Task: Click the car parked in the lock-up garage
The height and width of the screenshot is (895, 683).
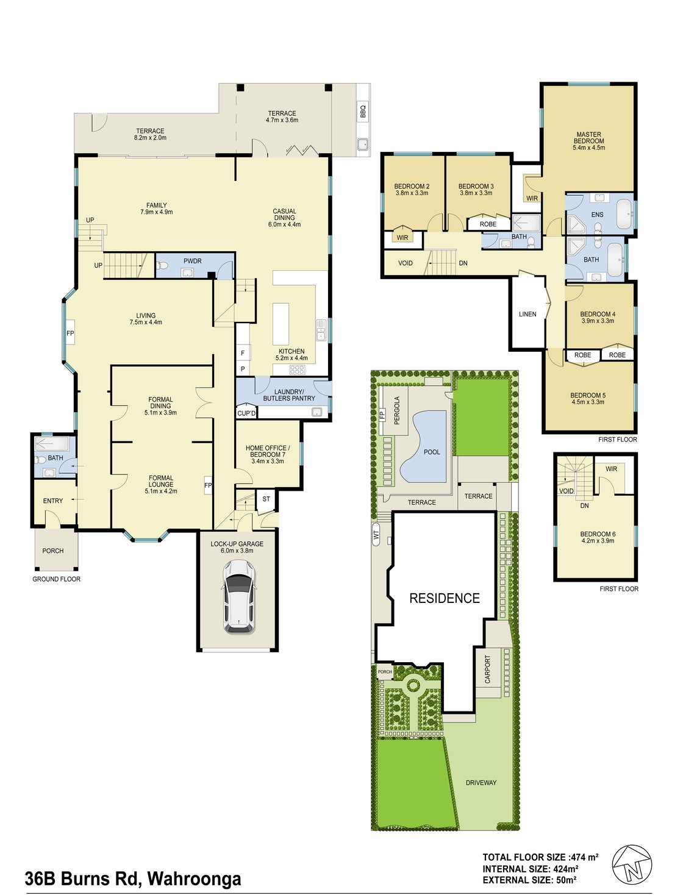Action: click(x=238, y=596)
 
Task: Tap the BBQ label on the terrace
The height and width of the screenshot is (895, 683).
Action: click(x=363, y=112)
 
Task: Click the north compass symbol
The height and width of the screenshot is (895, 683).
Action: click(x=632, y=864)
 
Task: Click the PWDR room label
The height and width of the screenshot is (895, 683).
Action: click(x=192, y=261)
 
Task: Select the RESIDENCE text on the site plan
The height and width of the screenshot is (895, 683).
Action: click(x=445, y=598)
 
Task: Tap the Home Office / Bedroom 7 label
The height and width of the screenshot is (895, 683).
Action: click(x=268, y=454)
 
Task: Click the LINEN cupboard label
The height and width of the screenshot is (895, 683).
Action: click(x=527, y=315)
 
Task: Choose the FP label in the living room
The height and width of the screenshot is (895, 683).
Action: click(x=70, y=333)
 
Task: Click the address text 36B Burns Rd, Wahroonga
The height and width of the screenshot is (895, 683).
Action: click(x=133, y=879)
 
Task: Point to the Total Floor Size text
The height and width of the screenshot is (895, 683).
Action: click(x=540, y=857)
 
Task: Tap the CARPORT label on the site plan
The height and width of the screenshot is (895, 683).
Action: click(x=487, y=669)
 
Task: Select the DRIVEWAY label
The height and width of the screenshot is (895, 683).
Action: click(x=481, y=782)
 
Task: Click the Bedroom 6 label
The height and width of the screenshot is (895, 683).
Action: click(x=598, y=537)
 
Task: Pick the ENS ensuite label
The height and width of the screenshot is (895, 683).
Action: click(x=597, y=215)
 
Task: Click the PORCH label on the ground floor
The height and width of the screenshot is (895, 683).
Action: click(x=53, y=551)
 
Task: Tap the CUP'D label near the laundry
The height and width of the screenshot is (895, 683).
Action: click(x=246, y=413)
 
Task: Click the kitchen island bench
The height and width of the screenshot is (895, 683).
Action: click(x=280, y=325)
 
